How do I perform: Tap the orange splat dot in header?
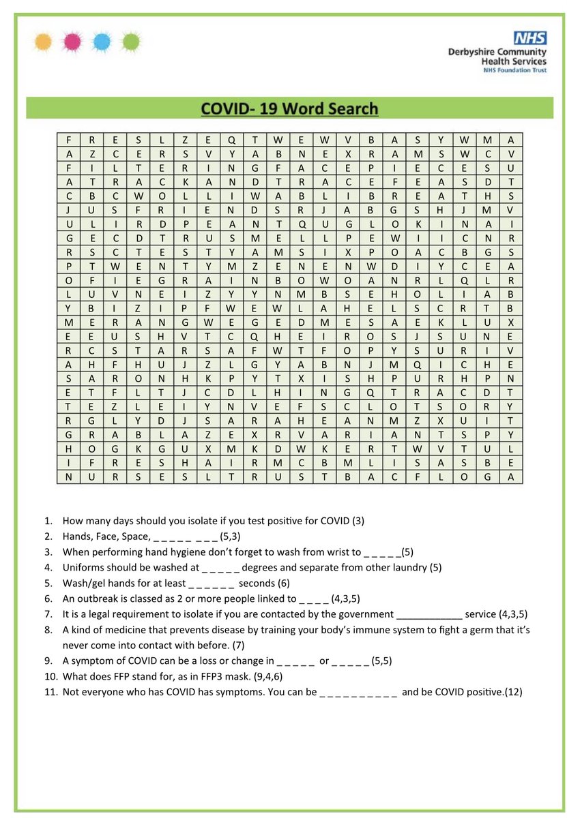tap(43, 42)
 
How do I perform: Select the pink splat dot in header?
tap(72, 42)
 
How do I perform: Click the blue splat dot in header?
tap(102, 42)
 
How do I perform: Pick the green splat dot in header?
tap(132, 42)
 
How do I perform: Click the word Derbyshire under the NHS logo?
tap(473, 52)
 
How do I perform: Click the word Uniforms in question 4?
tap(83, 567)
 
